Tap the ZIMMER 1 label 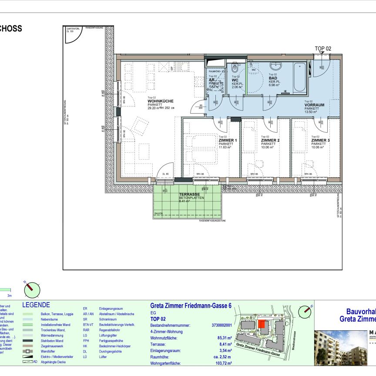227,141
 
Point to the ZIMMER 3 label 320,141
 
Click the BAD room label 273,78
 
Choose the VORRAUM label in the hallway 314,105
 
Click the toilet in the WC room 235,69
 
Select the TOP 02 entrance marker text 323,48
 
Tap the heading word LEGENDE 36,305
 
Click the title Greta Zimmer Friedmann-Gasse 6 190,306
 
